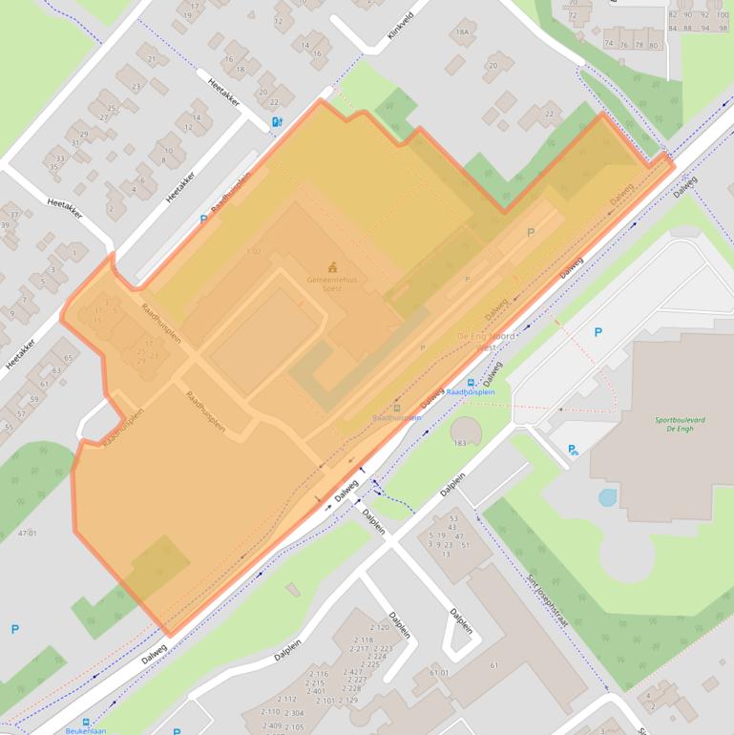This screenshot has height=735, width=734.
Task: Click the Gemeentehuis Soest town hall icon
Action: pyautogui.click(x=332, y=266)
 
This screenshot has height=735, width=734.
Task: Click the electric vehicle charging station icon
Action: pyautogui.click(x=277, y=122)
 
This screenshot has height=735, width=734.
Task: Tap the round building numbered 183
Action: pyautogui.click(x=466, y=430)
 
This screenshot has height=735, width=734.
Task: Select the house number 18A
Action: pyautogui.click(x=463, y=32)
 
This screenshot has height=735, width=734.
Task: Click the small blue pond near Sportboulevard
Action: pyautogui.click(x=607, y=497)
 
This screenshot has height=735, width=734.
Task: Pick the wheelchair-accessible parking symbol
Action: pyautogui.click(x=573, y=450)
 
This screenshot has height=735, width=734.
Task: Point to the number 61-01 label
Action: pyautogui.click(x=439, y=673)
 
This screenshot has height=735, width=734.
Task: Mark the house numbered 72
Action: pyautogui.click(x=573, y=15)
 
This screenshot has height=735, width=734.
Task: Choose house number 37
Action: pyautogui.click(x=13, y=214)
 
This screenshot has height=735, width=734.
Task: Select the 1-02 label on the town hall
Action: pyautogui.click(x=253, y=252)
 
